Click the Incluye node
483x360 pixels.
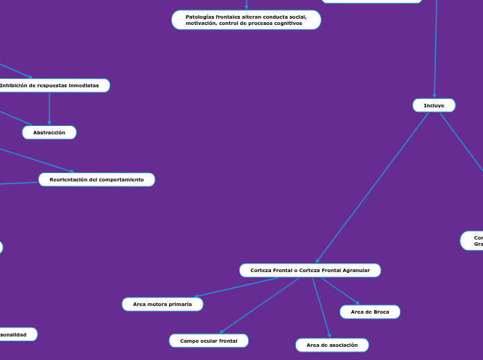pos(434,105)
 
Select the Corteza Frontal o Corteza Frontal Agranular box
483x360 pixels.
pos(310,270)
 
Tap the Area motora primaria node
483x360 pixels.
pos(162,304)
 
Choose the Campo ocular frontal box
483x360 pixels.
pos(209,341)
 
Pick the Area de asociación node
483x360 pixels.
pos(332,345)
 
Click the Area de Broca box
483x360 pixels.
pos(369,312)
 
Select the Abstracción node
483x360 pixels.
pos(49,132)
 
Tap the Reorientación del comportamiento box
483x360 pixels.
pos(96,179)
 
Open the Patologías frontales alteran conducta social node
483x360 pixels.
pos(246,19)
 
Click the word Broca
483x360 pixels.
pos(380,312)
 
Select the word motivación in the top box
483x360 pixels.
pos(201,23)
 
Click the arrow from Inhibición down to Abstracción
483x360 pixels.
pos(49,109)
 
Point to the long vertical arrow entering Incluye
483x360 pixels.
pos(436,48)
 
